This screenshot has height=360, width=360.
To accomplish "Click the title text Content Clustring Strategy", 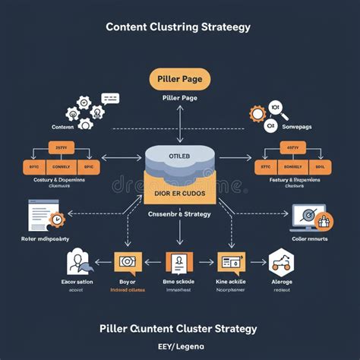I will [178, 27].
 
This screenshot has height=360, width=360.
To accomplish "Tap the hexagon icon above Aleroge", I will [282, 262].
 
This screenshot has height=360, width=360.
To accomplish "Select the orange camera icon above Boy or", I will [126, 263].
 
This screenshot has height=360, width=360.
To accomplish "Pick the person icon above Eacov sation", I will [78, 263].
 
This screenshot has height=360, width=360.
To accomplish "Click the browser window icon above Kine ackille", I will [229, 263].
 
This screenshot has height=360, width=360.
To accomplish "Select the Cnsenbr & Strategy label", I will [180, 215].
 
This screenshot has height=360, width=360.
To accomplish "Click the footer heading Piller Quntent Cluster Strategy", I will [179, 329].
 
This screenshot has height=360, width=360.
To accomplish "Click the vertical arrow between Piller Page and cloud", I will [180, 122].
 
